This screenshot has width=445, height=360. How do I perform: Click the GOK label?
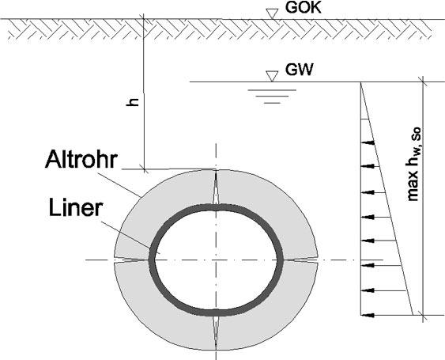(x=303, y=8)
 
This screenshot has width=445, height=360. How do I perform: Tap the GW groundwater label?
(x=299, y=70)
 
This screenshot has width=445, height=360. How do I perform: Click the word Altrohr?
(x=81, y=159)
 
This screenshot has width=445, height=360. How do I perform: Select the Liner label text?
(x=75, y=208)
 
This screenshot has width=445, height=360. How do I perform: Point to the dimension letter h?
(x=133, y=102)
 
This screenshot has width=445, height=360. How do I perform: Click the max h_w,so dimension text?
(x=414, y=164)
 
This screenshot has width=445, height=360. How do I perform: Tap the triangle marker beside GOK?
(x=272, y=13)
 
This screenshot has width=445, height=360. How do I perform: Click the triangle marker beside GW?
(x=272, y=77)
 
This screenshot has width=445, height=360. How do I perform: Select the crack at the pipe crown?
(x=216, y=187)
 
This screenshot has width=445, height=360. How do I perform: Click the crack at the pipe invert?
(x=216, y=333)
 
